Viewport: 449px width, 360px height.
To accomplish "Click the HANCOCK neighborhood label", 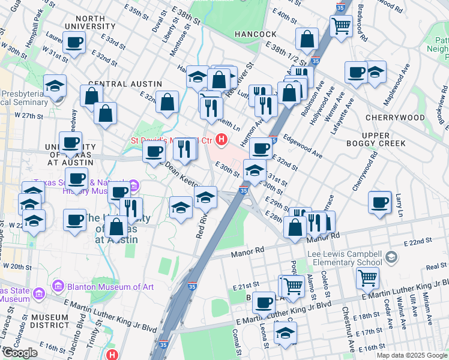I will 255,34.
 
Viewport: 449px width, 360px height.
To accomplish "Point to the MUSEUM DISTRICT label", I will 51,323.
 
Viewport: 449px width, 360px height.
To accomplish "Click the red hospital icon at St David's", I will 221,140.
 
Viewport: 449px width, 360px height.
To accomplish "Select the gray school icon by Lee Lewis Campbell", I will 391,257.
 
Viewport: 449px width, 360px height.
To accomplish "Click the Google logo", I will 20,352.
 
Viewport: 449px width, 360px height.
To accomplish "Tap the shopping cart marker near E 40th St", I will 341,25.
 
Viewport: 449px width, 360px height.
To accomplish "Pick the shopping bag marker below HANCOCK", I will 307,40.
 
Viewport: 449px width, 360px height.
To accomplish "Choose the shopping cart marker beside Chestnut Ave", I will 367,277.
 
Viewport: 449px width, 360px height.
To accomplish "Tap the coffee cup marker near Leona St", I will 263,302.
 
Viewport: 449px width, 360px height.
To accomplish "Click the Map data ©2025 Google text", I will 411,355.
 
